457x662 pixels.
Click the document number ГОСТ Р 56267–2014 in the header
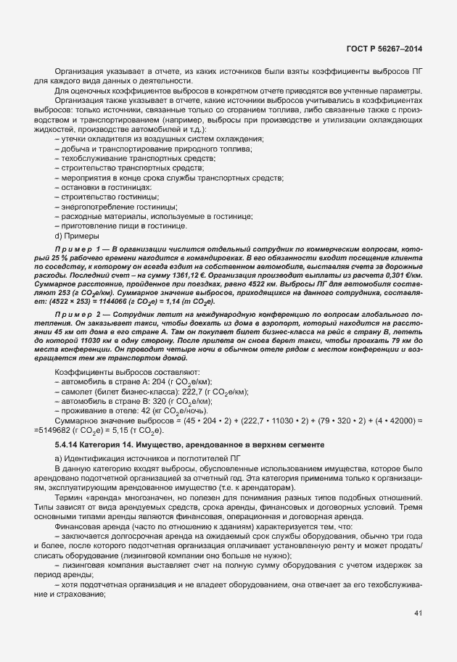(387, 48)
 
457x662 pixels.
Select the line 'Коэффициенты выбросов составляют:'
(117, 371)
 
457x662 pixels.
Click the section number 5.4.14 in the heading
(68, 444)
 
